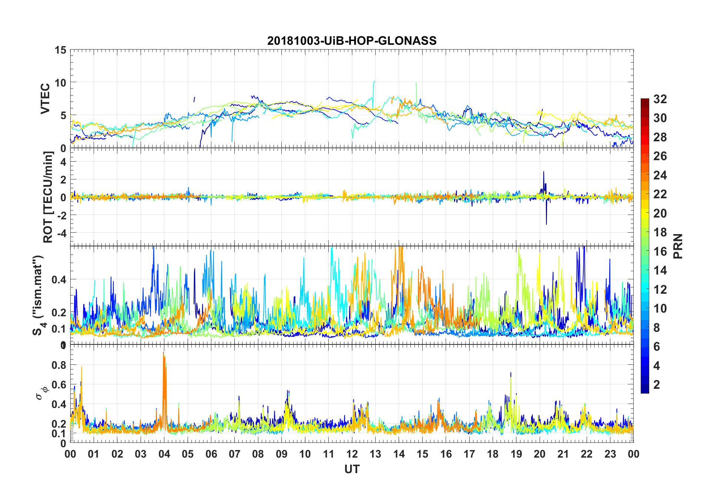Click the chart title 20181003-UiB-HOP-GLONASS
pos(352,41)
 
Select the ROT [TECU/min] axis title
pos(48,197)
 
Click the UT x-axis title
pos(352,469)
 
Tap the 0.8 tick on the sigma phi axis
pos(59,365)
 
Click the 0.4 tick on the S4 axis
pos(59,280)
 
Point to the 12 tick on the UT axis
pos(352,454)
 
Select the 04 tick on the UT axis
pos(164,454)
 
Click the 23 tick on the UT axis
pos(610,454)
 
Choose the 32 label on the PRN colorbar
pos(660,99)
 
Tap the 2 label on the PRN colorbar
pos(657,384)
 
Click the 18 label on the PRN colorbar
pos(660,232)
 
